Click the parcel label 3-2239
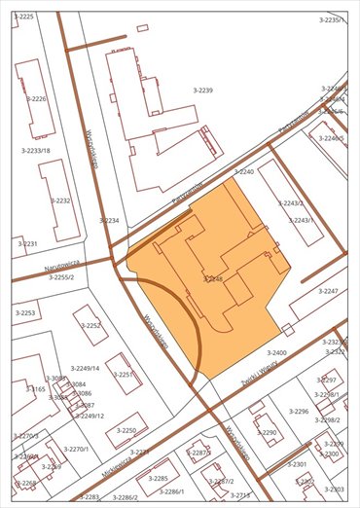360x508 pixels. (202, 90)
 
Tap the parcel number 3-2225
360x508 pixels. (24, 18)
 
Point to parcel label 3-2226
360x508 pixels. (36, 99)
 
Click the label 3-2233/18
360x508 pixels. (35, 150)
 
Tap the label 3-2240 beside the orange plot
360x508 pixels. (243, 171)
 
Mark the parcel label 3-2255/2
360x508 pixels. (62, 277)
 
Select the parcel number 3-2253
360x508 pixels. (24, 312)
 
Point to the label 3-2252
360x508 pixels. (90, 326)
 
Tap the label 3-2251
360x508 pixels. (122, 374)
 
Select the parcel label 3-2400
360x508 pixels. (277, 352)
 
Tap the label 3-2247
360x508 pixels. (328, 291)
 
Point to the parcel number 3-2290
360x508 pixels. (267, 432)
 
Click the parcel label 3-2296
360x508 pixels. (298, 412)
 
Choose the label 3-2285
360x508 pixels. (158, 478)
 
